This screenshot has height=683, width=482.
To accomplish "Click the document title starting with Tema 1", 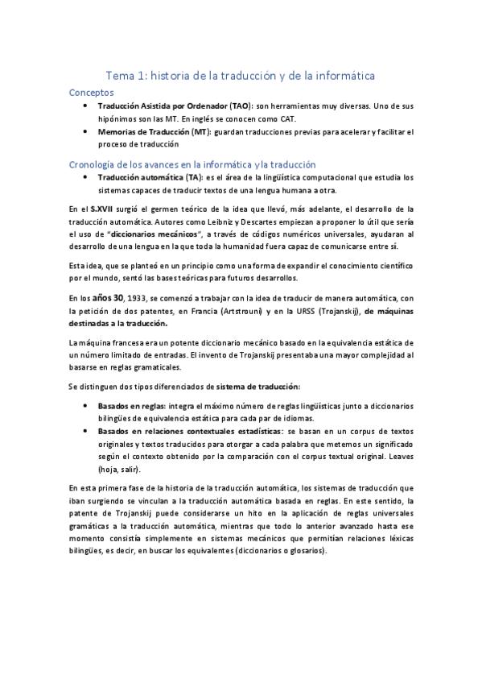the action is pyautogui.click(x=240, y=75).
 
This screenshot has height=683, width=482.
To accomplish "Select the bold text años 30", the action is pyautogui.click(x=110, y=299).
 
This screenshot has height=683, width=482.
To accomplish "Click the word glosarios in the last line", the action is pyautogui.click(x=302, y=550).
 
